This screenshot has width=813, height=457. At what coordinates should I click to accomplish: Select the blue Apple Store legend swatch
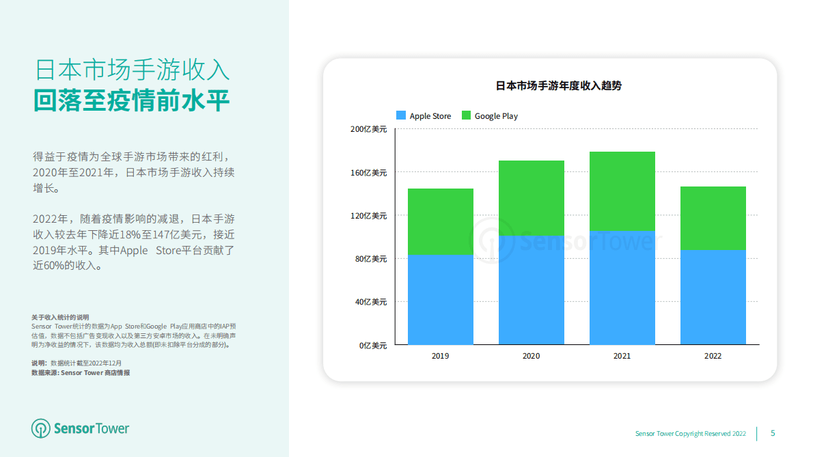click(401, 115)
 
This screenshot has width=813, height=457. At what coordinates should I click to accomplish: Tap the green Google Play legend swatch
click(467, 115)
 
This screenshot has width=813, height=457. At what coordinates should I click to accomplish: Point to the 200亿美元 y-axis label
click(369, 129)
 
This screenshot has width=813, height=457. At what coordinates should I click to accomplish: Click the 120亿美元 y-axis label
click(369, 216)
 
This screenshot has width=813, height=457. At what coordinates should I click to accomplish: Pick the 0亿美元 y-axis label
click(373, 346)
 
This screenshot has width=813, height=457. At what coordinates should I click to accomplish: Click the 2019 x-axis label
click(441, 356)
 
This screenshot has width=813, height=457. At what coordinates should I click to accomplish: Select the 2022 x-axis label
click(713, 356)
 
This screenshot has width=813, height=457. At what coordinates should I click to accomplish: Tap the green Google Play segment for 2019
click(441, 221)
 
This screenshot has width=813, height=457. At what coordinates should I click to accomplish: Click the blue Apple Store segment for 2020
click(532, 290)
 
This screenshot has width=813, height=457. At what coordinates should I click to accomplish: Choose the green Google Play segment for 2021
click(622, 191)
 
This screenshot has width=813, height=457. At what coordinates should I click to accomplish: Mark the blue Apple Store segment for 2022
click(713, 296)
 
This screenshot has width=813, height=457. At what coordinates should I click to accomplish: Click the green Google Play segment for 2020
click(532, 198)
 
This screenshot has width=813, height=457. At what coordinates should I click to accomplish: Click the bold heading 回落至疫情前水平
click(132, 100)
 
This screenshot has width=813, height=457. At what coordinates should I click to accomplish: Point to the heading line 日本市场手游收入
click(132, 70)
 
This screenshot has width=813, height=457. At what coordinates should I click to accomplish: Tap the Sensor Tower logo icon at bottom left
click(41, 428)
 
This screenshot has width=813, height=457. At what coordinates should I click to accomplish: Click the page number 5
click(773, 433)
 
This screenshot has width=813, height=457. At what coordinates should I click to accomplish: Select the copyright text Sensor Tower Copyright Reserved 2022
click(691, 434)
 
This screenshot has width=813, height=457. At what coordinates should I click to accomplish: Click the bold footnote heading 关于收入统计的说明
click(60, 318)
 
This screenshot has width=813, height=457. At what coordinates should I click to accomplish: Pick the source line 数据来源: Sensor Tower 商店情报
click(81, 373)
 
